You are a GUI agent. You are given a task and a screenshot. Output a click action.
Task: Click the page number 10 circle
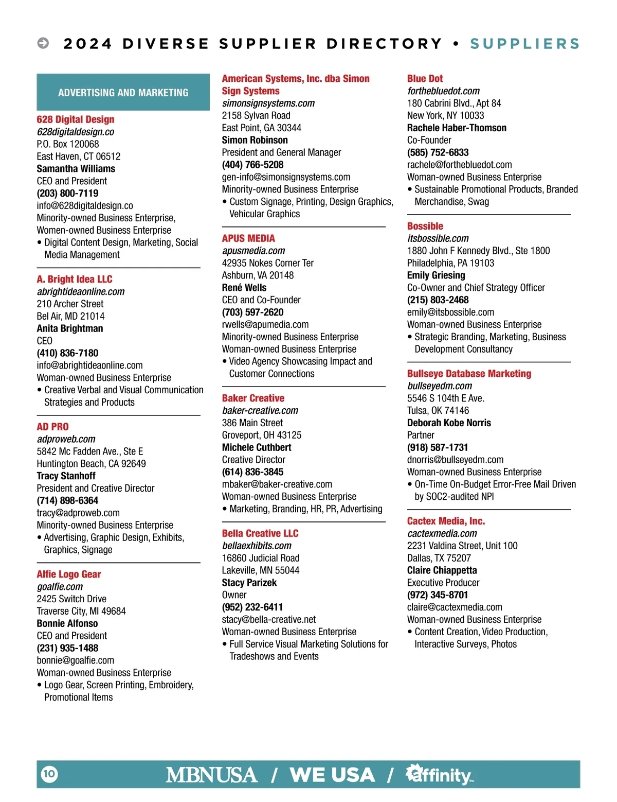pos(49,774)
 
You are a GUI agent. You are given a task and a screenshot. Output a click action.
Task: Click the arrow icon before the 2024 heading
pos(43,43)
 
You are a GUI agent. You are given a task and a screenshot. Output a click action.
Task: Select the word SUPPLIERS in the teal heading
pos(524,44)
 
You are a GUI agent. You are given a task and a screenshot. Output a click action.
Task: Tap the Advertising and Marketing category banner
pos(123,93)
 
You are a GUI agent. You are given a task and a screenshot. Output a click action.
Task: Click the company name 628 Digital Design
pos(76,119)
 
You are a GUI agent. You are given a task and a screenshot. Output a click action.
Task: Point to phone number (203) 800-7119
pos(67,193)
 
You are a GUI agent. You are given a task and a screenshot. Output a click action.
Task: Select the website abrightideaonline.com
pos(81,291)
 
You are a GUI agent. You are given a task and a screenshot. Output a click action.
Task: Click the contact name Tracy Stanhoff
pos(66,476)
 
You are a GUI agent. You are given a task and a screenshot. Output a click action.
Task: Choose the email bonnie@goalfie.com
pos(75,660)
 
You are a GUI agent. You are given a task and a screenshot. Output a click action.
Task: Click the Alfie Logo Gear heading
pos(69,574)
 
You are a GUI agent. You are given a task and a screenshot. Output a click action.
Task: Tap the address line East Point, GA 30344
pos(262,128)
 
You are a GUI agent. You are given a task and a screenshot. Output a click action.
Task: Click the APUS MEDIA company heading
pos(248,238)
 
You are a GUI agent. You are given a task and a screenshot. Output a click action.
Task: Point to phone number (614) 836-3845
pos(252,472)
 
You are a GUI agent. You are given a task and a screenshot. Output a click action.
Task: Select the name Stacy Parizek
pos(249,582)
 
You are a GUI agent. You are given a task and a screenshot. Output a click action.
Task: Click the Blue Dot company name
pos(425,79)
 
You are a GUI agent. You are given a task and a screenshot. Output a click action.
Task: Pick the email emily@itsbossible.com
pos(450,312)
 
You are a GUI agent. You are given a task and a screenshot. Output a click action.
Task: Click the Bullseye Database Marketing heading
pos(469,374)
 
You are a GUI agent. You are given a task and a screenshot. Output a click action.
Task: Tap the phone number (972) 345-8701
pos(438,595)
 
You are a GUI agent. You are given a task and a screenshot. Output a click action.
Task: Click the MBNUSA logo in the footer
pos(211,775)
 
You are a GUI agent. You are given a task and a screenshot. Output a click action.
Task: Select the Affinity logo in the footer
pos(440,775)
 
